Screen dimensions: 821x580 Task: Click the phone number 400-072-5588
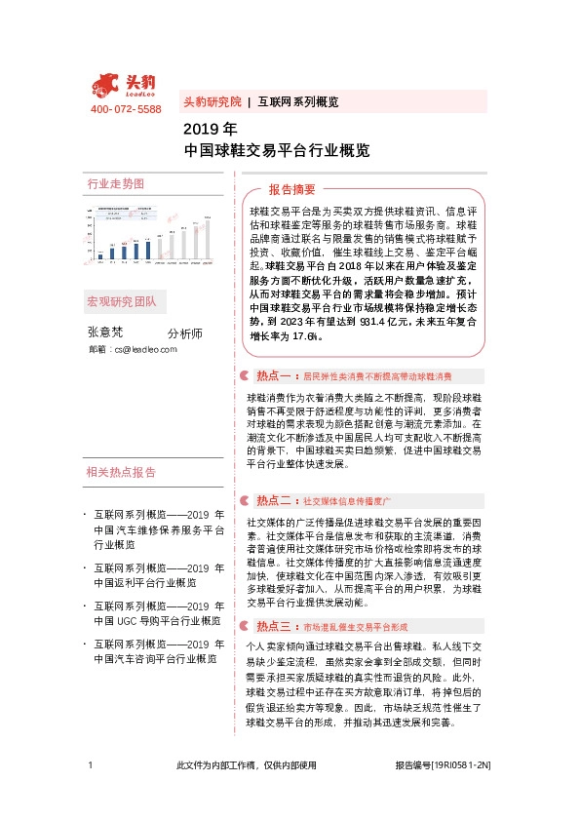(126, 110)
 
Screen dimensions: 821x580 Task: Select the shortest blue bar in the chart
(99, 254)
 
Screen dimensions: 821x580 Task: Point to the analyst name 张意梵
(105, 332)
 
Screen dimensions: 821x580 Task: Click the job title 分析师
(185, 332)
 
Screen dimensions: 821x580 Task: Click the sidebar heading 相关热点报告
(121, 472)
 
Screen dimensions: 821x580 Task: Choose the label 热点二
(275, 500)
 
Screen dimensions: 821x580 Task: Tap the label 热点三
(275, 626)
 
